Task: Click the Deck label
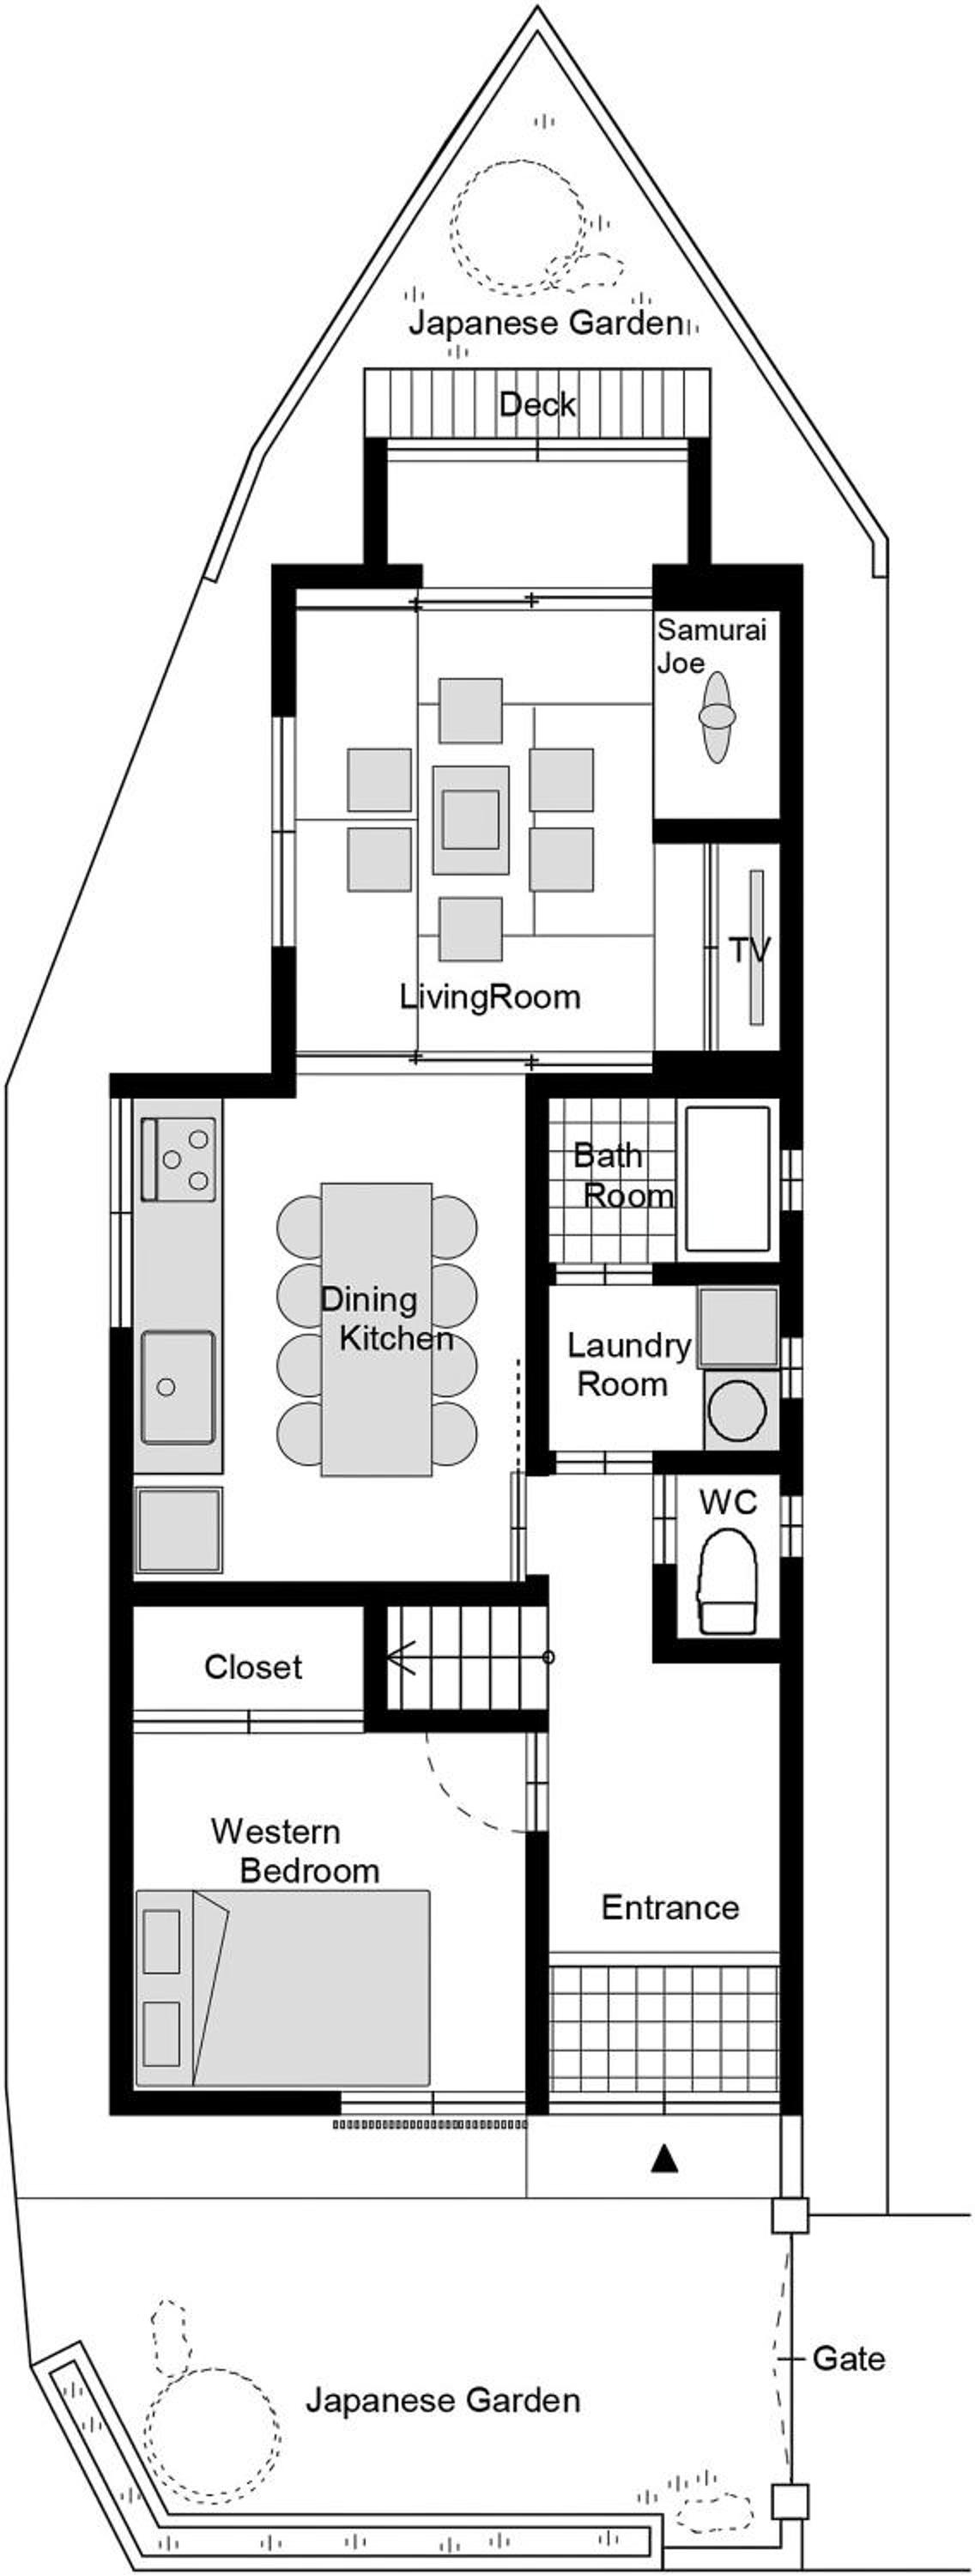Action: pyautogui.click(x=537, y=405)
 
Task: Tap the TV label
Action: pyautogui.click(x=750, y=949)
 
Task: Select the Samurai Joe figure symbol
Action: pyautogui.click(x=717, y=716)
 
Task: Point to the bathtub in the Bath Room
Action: pyautogui.click(x=727, y=1180)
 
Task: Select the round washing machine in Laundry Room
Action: pyautogui.click(x=741, y=1409)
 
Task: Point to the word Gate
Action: pyautogui.click(x=848, y=2359)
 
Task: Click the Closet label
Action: pyautogui.click(x=253, y=1666)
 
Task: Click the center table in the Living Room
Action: pyautogui.click(x=470, y=820)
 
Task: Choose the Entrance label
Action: pyautogui.click(x=670, y=1907)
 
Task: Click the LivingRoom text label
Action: pyautogui.click(x=490, y=997)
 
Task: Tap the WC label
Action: pyautogui.click(x=728, y=1502)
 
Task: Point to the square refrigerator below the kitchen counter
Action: pyautogui.click(x=178, y=1530)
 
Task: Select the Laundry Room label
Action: pyautogui.click(x=628, y=1365)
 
